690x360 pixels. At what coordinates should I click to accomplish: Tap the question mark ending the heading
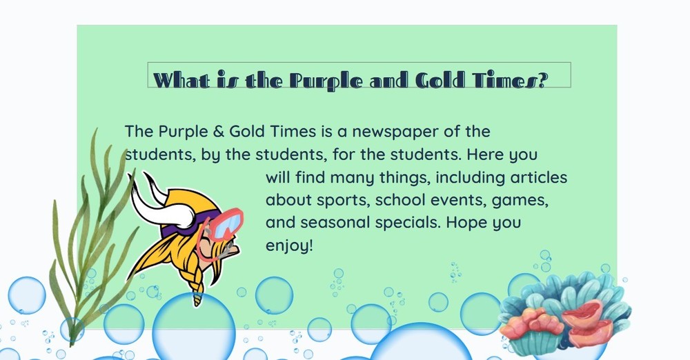(541, 80)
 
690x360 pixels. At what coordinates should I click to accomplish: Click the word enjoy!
(289, 246)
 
